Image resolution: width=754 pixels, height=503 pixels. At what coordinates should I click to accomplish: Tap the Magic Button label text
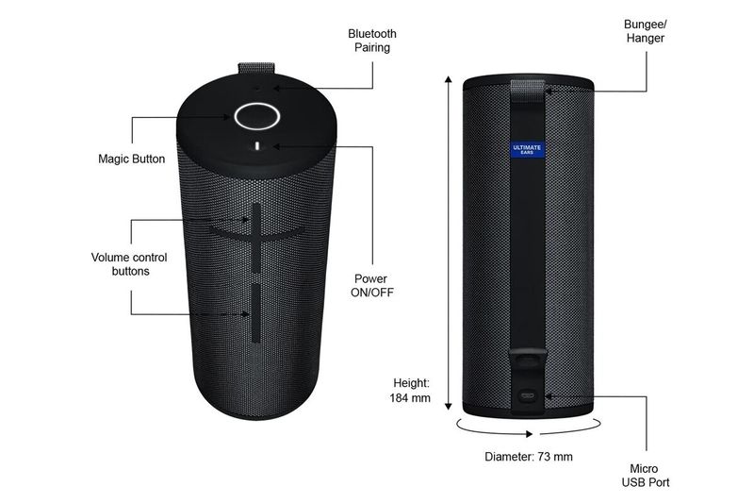click(x=131, y=159)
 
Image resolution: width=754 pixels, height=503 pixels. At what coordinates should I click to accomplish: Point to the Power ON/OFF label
click(x=373, y=286)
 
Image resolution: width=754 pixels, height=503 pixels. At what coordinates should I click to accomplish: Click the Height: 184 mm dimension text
click(x=411, y=391)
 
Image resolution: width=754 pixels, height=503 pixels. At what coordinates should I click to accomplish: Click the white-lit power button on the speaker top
click(x=257, y=148)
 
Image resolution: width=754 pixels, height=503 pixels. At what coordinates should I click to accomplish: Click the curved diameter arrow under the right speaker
click(x=527, y=430)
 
